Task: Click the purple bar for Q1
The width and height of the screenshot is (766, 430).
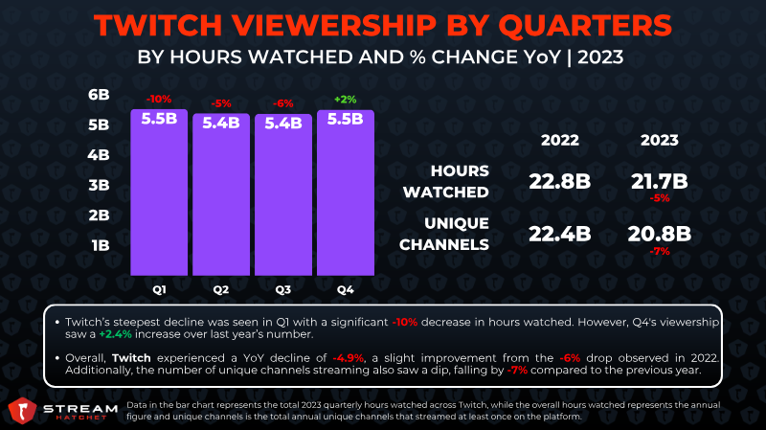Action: click(159, 192)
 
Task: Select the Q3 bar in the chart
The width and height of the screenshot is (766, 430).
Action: click(283, 195)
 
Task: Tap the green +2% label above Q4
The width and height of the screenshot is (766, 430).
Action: click(346, 100)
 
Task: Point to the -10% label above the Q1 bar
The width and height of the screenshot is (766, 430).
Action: click(159, 100)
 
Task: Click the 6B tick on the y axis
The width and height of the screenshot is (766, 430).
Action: click(99, 95)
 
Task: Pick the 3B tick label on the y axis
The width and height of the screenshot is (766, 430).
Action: click(99, 185)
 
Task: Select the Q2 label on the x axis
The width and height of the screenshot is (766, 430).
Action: click(221, 290)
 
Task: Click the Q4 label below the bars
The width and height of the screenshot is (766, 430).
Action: click(346, 290)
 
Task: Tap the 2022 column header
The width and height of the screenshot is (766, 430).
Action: click(560, 140)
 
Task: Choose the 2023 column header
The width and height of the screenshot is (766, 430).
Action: click(660, 140)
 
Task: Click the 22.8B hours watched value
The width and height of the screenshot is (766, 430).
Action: click(560, 182)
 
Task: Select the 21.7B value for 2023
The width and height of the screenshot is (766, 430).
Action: click(660, 182)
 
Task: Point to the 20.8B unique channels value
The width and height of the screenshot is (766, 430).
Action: click(660, 234)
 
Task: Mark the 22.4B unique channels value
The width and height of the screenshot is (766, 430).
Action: click(560, 234)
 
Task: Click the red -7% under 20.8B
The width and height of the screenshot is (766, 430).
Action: click(660, 252)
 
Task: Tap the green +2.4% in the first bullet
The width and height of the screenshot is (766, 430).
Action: click(115, 334)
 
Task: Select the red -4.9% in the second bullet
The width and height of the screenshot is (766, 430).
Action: click(349, 358)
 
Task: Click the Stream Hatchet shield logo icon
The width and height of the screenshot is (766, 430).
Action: click(22, 411)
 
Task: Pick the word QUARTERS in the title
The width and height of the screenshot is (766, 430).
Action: click(585, 26)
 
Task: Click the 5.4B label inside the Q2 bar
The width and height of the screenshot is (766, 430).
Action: click(221, 124)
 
